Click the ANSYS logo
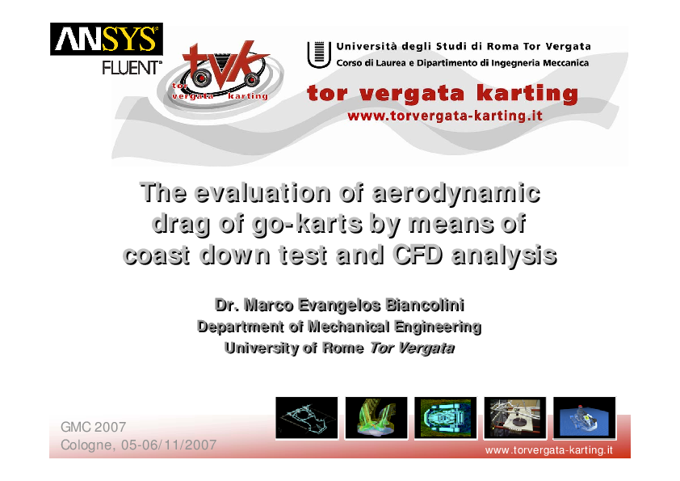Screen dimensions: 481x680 coord(107,39)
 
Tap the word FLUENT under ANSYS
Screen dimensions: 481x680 coord(132,68)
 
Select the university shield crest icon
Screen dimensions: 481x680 coord(316,53)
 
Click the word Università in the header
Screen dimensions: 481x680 coord(371,46)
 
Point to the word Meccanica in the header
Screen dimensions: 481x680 coord(560,62)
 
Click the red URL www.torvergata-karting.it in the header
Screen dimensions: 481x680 coord(443,116)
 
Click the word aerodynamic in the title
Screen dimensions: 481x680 coord(456,194)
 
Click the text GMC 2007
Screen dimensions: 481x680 coord(93,426)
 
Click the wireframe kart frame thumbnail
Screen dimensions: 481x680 coord(307,418)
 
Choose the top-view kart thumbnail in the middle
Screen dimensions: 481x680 coord(445,418)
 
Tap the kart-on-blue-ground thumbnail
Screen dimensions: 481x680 coord(584,418)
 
